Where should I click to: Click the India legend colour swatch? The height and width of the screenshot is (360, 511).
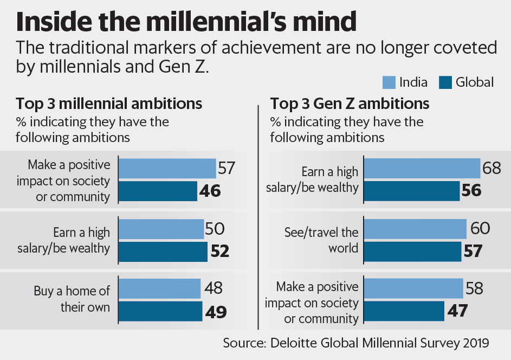[388, 82]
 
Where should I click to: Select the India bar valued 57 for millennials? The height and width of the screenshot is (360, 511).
[167, 169]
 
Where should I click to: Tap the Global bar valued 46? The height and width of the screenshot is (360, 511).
[157, 191]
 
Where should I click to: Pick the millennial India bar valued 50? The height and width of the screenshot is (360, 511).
[161, 229]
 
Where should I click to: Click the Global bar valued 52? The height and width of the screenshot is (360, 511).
[163, 251]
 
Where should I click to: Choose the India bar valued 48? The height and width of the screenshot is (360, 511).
[159, 289]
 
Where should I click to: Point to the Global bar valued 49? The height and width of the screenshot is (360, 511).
[160, 311]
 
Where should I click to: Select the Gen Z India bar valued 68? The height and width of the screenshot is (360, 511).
[422, 169]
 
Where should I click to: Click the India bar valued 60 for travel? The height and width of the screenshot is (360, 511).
[415, 229]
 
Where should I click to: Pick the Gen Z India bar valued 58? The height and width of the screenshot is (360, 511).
[413, 288]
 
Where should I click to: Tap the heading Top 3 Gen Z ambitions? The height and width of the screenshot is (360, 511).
[350, 104]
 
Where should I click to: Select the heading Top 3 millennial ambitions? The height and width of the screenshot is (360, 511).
[109, 104]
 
